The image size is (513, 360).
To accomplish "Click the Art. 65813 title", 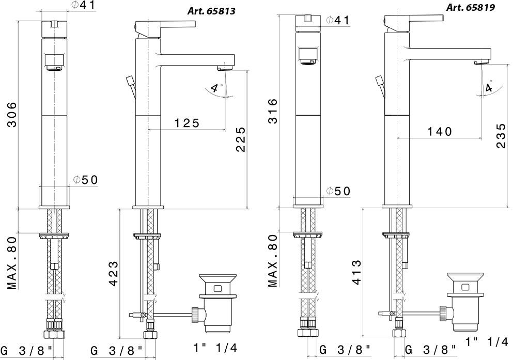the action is [x=211, y=11].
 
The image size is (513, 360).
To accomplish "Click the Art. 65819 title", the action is [x=471, y=8].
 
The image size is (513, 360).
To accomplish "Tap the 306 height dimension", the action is [x=12, y=115].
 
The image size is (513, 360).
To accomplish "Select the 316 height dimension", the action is [x=273, y=111].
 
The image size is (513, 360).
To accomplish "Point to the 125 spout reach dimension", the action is [x=186, y=123].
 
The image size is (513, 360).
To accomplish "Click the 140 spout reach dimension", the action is [x=440, y=131].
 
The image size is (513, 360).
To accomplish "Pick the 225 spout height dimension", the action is [x=240, y=139].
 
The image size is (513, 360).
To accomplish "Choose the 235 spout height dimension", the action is [x=501, y=135].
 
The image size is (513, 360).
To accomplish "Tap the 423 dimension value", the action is [x=113, y=274].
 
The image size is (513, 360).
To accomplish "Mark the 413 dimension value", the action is [x=357, y=272].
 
